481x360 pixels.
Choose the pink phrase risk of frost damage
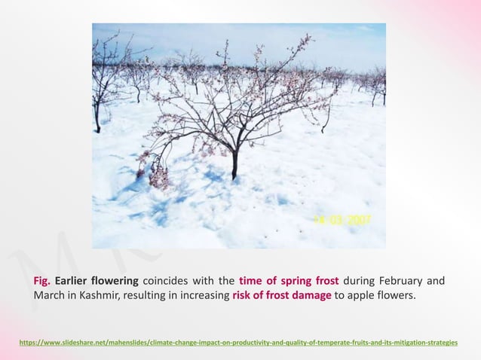pos(282,295)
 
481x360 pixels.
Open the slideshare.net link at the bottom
pos(240,343)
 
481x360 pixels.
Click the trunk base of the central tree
pos(234,175)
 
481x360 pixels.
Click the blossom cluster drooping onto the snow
pos(158,176)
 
